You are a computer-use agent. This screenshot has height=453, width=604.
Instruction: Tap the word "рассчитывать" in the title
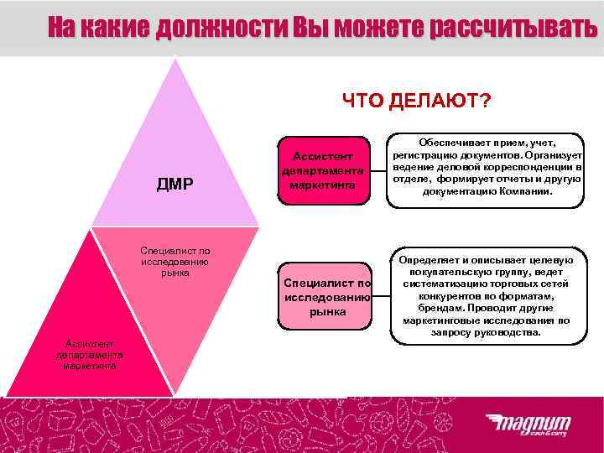coord(513,29)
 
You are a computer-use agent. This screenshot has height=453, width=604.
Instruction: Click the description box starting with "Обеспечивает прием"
coord(487,168)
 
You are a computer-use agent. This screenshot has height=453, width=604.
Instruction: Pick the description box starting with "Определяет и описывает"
coord(487,296)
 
